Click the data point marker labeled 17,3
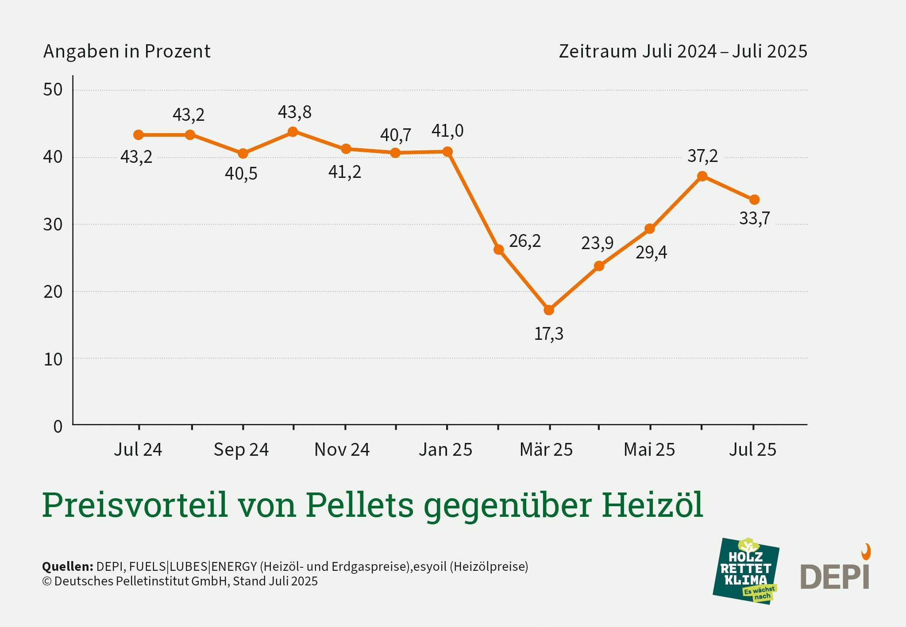(x=549, y=310)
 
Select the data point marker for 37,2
(x=702, y=176)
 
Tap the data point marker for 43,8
(x=293, y=131)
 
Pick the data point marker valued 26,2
(x=499, y=250)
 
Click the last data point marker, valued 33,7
(x=755, y=200)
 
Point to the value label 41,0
(x=447, y=131)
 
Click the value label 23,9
(x=597, y=243)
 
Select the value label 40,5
(x=241, y=173)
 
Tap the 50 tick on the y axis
(x=53, y=90)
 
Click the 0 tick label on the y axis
(x=58, y=427)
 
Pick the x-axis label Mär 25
(x=546, y=450)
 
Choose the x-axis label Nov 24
(x=342, y=450)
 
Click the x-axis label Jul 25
(x=752, y=450)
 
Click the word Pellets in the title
(x=359, y=504)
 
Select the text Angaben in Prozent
(x=127, y=51)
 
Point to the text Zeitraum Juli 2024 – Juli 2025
(x=682, y=51)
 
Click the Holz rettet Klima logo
(x=746, y=571)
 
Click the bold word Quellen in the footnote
(x=67, y=566)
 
